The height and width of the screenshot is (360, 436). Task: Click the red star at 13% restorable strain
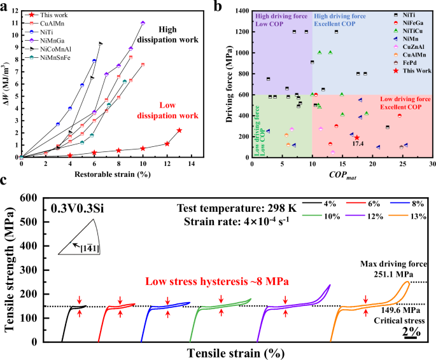(179, 130)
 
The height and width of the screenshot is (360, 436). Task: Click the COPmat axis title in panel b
(342, 174)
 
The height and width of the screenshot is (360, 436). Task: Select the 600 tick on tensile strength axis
(34, 198)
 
